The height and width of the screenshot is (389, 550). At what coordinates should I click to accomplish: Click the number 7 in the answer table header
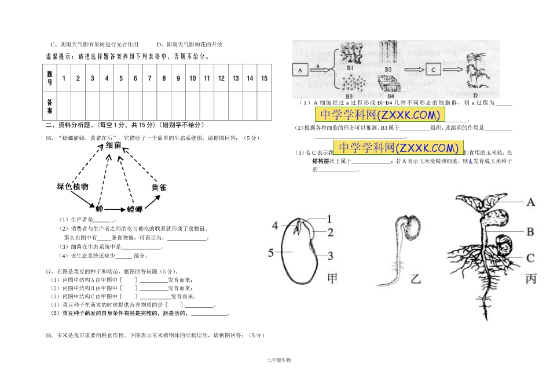(149, 78)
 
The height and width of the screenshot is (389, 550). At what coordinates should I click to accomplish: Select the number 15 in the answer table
(264, 78)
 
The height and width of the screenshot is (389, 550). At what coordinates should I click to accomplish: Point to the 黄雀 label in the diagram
(159, 187)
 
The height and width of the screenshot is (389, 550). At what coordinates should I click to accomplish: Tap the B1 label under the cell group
(350, 67)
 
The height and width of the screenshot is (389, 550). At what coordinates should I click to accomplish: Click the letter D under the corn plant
(475, 95)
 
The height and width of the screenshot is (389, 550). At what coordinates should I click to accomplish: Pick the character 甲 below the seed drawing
(333, 278)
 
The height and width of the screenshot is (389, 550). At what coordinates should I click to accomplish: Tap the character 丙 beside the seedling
(531, 279)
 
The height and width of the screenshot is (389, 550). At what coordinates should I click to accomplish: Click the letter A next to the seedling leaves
(530, 202)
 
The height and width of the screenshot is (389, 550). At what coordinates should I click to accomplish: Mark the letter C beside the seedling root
(530, 258)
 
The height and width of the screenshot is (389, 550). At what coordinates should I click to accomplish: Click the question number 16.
(48, 138)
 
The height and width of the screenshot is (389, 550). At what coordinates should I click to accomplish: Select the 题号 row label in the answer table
(50, 78)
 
